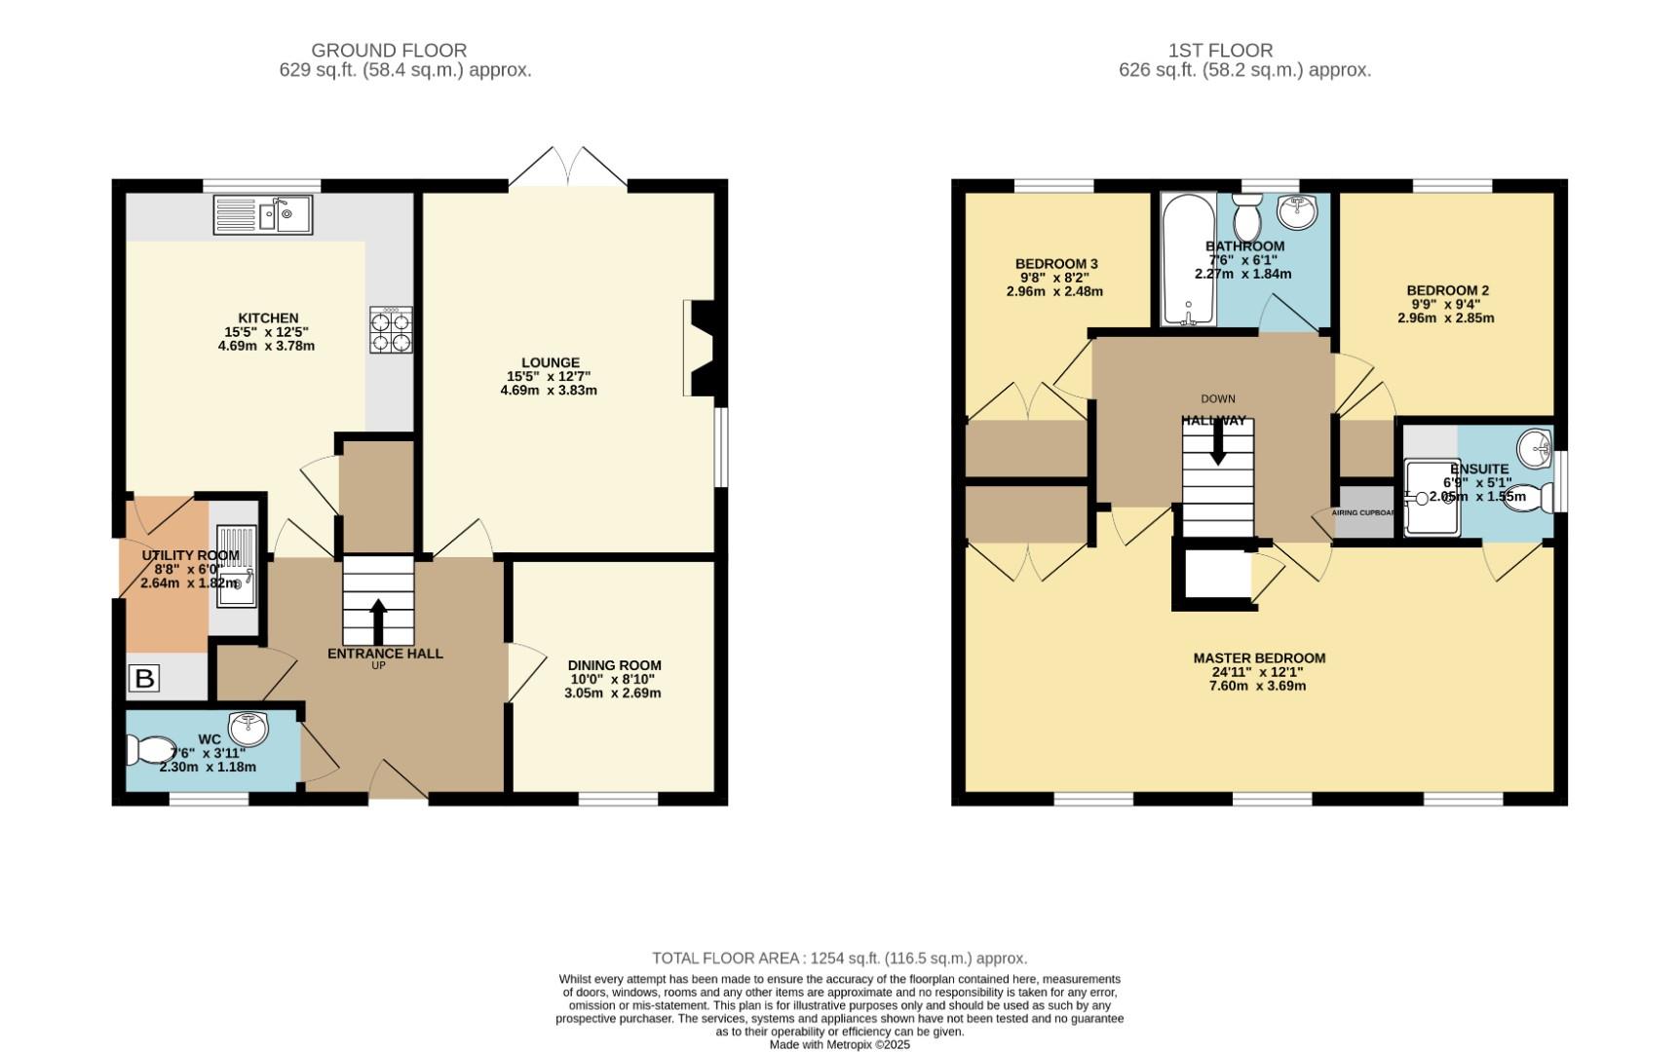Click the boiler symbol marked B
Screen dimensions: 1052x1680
pyautogui.click(x=144, y=678)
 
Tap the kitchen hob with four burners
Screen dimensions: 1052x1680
pyautogui.click(x=391, y=330)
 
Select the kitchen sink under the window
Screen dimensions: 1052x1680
pyautogui.click(x=263, y=215)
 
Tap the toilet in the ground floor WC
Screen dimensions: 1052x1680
pyautogui.click(x=147, y=751)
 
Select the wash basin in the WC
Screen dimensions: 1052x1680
pyautogui.click(x=248, y=727)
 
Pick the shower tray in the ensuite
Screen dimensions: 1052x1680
pyautogui.click(x=1431, y=499)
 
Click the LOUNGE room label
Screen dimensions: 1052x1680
pyautogui.click(x=550, y=362)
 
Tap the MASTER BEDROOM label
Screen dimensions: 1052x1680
pyautogui.click(x=1259, y=658)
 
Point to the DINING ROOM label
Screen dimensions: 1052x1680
pyautogui.click(x=614, y=666)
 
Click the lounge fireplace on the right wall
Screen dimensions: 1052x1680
pyautogui.click(x=700, y=348)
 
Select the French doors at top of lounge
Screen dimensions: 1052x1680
pyautogui.click(x=568, y=168)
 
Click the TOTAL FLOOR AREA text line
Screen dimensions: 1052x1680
pyautogui.click(x=839, y=958)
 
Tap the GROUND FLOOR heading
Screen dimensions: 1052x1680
pyautogui.click(x=389, y=50)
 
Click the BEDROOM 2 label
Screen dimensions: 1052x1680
pyautogui.click(x=1447, y=290)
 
